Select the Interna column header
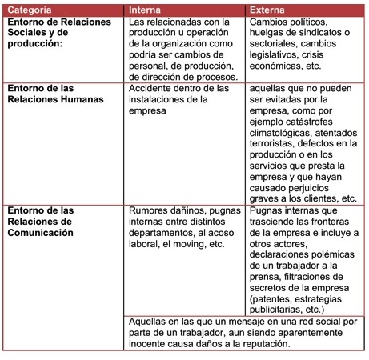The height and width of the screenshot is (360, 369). (146, 10)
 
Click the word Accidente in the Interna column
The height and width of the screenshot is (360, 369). (154, 87)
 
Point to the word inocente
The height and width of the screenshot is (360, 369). (150, 343)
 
